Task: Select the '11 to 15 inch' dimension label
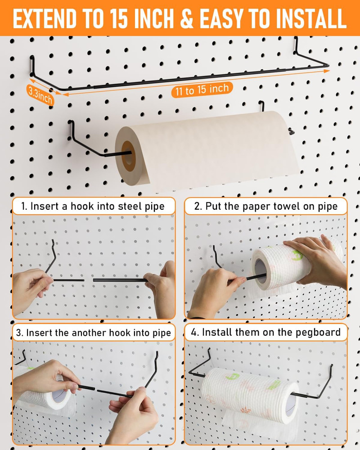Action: (202, 90)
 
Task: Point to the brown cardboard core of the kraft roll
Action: (128, 156)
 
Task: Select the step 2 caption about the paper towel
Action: (265, 207)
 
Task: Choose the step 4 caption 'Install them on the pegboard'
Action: (265, 333)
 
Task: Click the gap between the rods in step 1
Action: (89, 280)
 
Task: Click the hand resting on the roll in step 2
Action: (315, 261)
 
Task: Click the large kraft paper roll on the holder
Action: (207, 148)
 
